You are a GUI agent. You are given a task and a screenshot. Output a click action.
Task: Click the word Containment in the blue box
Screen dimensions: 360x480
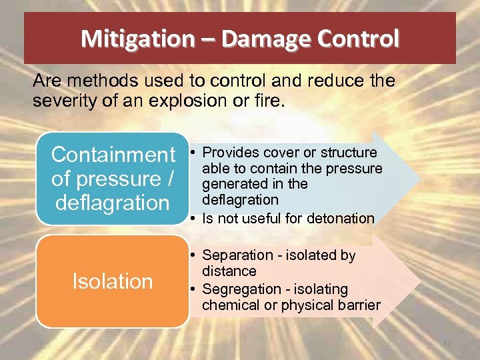(x=113, y=155)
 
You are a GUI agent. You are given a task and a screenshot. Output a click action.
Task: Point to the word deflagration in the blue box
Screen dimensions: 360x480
(x=113, y=202)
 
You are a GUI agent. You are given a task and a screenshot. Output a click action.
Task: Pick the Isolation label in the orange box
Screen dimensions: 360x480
(x=112, y=281)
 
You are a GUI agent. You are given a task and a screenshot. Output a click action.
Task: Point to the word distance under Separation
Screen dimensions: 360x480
(x=229, y=271)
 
